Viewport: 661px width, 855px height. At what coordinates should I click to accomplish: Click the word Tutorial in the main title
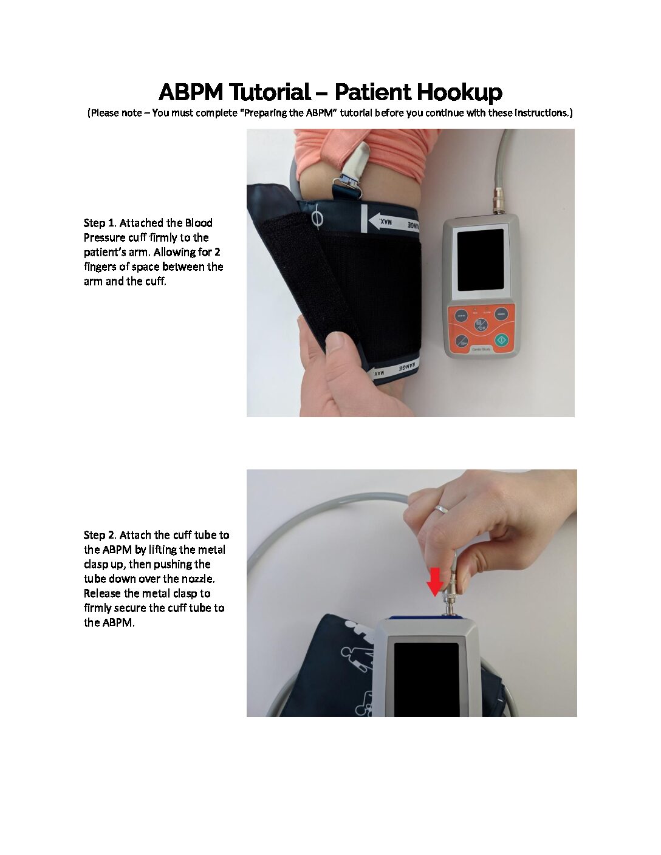[270, 92]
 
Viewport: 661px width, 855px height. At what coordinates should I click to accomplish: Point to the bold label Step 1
[99, 223]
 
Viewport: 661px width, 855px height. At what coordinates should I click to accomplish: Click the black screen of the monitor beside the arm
[481, 260]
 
